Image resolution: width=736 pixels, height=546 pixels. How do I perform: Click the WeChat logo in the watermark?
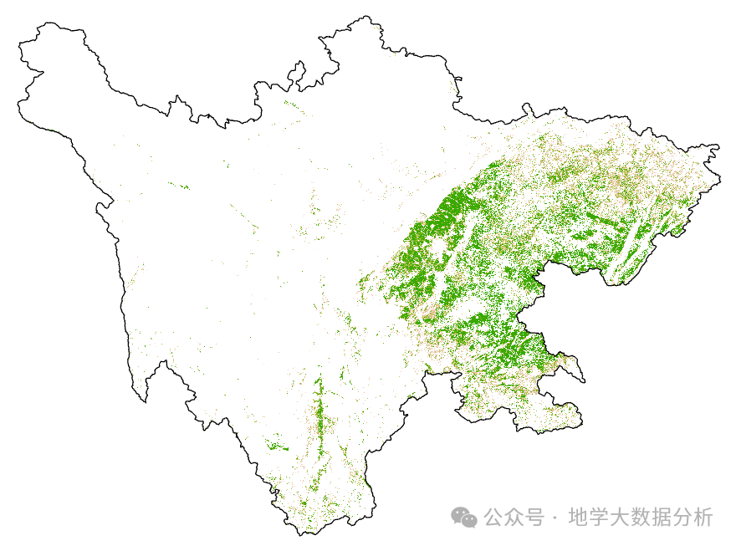click(464, 517)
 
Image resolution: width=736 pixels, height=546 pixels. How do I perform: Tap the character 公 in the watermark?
click(494, 517)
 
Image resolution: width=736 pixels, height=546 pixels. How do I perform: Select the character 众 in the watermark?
click(514, 517)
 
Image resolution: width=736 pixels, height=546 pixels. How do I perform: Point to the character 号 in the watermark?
click(534, 517)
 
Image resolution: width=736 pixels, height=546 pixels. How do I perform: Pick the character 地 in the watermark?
click(577, 517)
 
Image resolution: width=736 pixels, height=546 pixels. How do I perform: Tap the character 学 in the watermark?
click(598, 517)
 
